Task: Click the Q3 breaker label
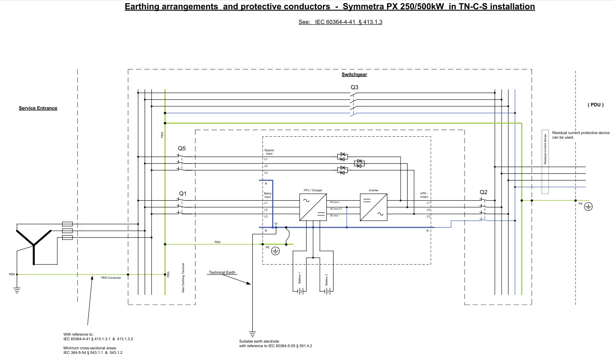click(354, 87)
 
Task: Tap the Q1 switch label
click(183, 194)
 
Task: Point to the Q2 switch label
click(483, 192)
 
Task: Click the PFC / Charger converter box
click(313, 207)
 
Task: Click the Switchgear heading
click(354, 75)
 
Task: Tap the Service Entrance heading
click(38, 108)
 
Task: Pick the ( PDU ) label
click(595, 105)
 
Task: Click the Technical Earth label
click(222, 273)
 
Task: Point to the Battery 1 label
click(300, 278)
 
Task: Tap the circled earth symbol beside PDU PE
click(588, 206)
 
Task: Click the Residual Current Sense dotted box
click(545, 162)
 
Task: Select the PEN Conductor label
click(111, 277)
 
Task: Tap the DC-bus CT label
click(336, 209)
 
